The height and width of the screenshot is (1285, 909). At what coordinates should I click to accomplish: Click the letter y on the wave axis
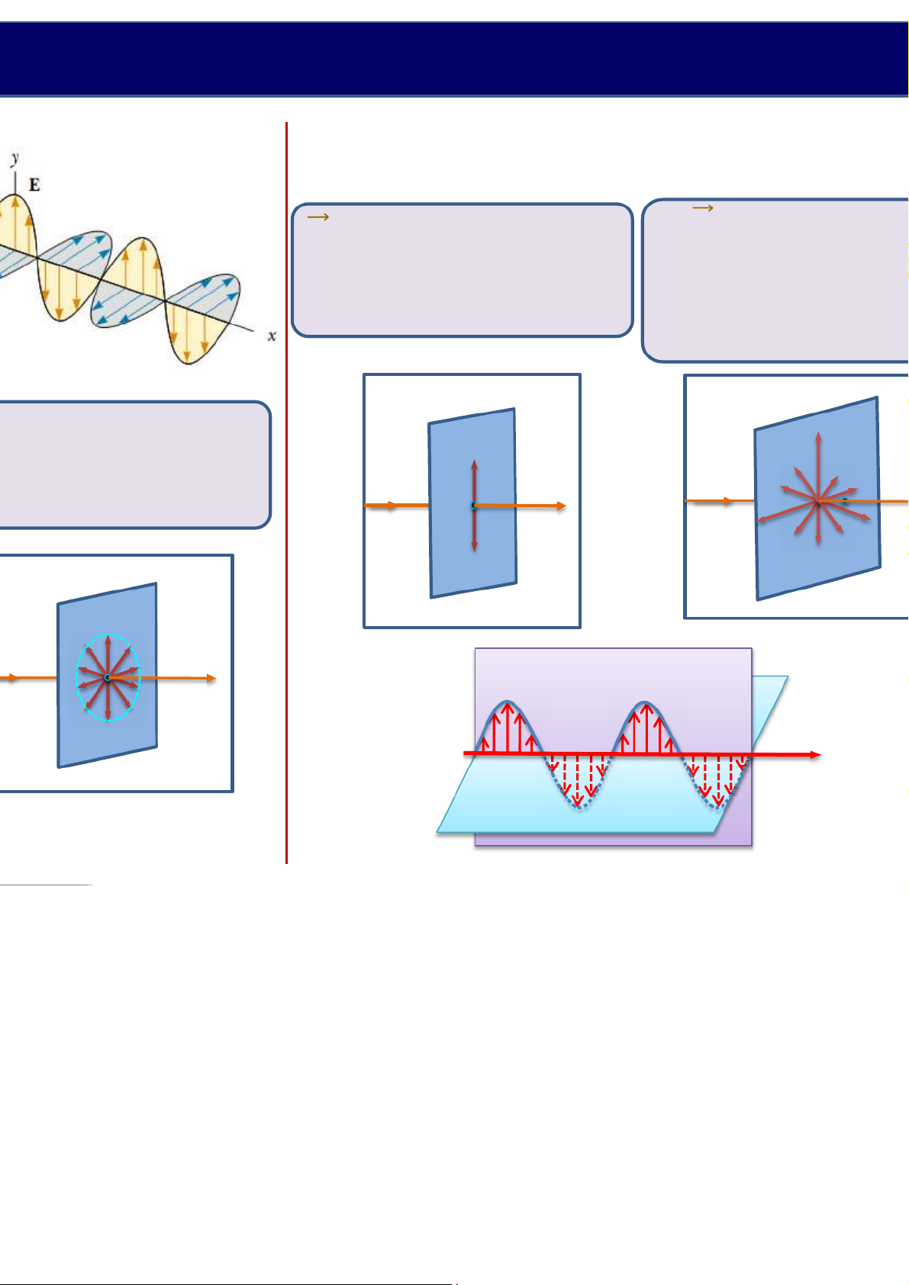pyautogui.click(x=15, y=159)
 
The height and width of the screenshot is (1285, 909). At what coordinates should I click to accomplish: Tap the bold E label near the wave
pyautogui.click(x=34, y=185)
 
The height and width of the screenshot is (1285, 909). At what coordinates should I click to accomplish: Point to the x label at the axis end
pyautogui.click(x=271, y=336)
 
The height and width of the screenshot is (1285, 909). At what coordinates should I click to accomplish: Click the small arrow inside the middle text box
pyautogui.click(x=318, y=217)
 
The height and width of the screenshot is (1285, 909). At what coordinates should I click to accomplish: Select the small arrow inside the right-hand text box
pyautogui.click(x=702, y=207)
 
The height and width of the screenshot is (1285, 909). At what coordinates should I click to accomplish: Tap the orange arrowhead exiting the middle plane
pyautogui.click(x=560, y=506)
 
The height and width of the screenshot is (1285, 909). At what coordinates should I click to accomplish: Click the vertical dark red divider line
pyautogui.click(x=286, y=488)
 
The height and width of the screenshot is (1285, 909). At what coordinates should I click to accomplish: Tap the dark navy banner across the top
pyautogui.click(x=454, y=59)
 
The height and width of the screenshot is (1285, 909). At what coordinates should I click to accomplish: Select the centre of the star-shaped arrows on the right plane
pyautogui.click(x=818, y=501)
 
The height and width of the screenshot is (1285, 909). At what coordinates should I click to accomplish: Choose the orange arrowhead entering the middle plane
pyautogui.click(x=392, y=506)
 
